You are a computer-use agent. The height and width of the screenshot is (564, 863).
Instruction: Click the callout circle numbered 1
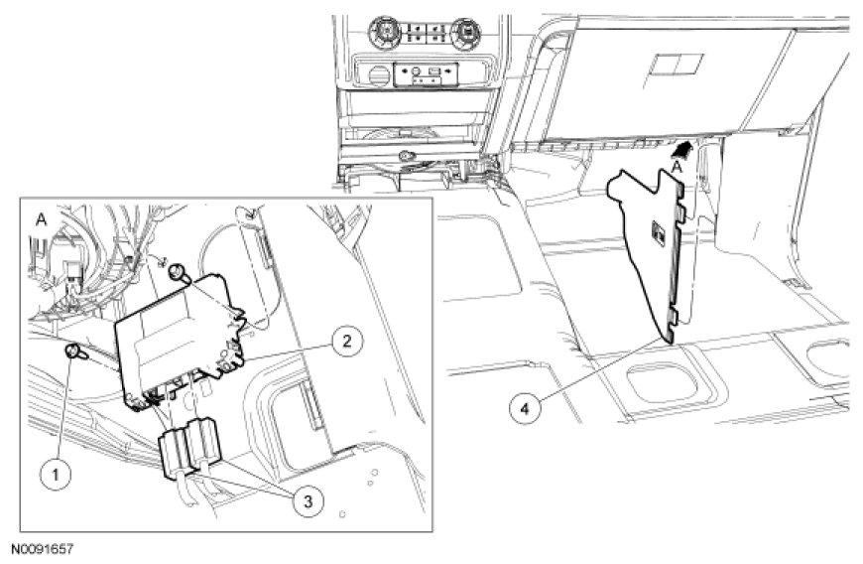pyautogui.click(x=55, y=474)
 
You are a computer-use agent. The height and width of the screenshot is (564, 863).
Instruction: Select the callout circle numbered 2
pyautogui.click(x=346, y=341)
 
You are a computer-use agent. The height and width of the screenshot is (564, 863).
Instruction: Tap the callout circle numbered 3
pyautogui.click(x=308, y=500)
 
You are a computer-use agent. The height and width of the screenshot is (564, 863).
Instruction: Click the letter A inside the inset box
pyautogui.click(x=41, y=219)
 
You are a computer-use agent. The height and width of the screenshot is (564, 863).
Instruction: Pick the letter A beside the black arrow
pyautogui.click(x=678, y=166)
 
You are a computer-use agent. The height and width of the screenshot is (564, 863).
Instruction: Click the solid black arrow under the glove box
pyautogui.click(x=681, y=149)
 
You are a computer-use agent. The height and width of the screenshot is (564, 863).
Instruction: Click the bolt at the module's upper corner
pyautogui.click(x=178, y=271)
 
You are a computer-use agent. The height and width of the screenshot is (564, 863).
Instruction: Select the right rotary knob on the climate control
pyautogui.click(x=469, y=28)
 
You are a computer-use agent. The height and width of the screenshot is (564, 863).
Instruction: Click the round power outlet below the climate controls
pyautogui.click(x=377, y=74)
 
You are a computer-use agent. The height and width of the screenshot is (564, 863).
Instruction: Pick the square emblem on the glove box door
pyautogui.click(x=677, y=65)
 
